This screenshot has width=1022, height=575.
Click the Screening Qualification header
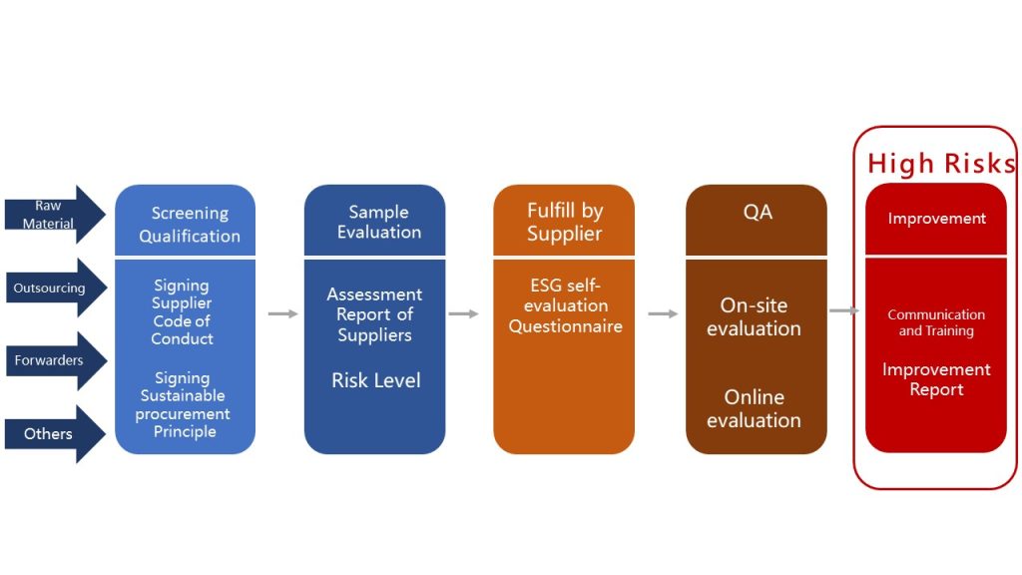[x=189, y=225]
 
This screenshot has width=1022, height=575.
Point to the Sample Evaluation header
[x=378, y=222]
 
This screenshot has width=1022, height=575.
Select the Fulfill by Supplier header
[x=565, y=222]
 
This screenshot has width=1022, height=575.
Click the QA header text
[x=758, y=212]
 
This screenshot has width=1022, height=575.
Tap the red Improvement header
[x=936, y=219]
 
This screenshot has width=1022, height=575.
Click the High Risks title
[x=941, y=163]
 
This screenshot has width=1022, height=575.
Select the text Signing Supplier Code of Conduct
[x=182, y=311]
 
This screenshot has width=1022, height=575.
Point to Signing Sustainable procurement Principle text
[x=183, y=404]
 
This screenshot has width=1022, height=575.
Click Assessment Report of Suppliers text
[x=375, y=314]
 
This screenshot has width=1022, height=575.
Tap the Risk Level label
[x=376, y=380]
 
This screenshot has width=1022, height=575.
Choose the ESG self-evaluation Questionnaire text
[x=565, y=305]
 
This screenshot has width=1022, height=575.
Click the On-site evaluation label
[x=755, y=316]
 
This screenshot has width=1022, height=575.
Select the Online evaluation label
[x=755, y=408]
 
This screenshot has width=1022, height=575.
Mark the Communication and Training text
[x=936, y=322]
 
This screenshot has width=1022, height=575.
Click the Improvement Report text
[x=936, y=378]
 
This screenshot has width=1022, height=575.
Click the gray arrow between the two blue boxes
[x=282, y=313]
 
